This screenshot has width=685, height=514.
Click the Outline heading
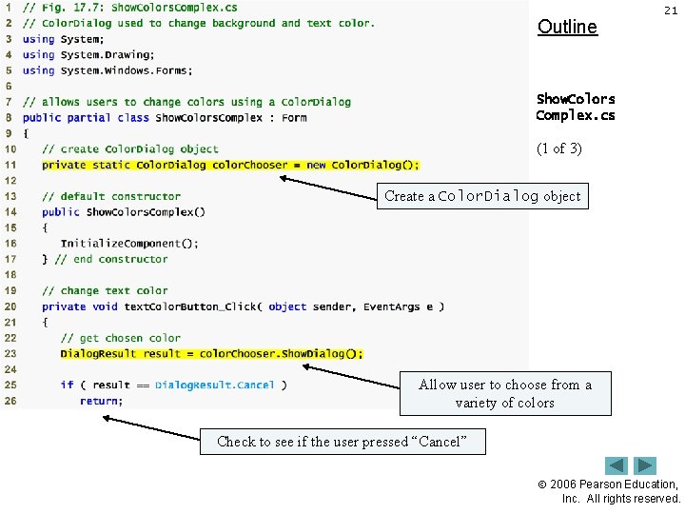point(567,27)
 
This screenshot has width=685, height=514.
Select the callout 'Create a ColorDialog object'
point(482,196)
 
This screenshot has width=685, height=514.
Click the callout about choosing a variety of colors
point(505,393)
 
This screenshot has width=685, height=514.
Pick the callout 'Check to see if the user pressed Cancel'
point(342,442)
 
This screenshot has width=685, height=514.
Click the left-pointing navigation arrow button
point(616,465)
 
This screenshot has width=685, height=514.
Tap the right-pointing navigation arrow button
point(646,465)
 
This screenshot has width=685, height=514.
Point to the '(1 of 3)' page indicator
point(559,148)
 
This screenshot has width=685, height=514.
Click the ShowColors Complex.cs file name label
point(576,107)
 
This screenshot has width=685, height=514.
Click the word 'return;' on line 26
point(101,401)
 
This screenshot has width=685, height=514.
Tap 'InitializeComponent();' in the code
point(129,243)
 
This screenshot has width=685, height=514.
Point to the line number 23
point(10,353)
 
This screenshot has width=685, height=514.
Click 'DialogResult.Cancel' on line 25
point(214,385)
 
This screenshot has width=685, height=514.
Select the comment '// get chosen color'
point(121,338)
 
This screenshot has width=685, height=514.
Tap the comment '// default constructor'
point(111,196)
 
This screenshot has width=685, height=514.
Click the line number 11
point(10,165)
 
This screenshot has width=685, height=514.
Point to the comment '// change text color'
point(105,290)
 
